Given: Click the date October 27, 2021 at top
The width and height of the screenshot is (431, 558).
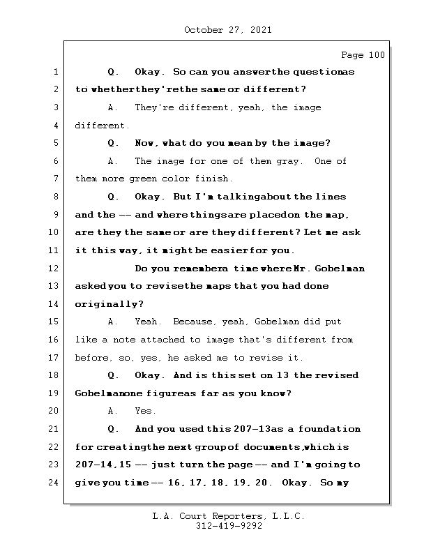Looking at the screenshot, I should [227, 30].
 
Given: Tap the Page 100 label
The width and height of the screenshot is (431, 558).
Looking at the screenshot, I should [362, 55].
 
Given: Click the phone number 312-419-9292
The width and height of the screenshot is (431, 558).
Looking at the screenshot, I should [228, 527].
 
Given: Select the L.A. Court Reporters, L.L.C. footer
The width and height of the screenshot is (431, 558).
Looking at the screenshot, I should [228, 516].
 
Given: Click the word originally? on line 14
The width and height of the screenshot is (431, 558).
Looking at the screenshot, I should [109, 304].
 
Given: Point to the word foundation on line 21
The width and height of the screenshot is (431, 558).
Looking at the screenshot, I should [331, 429].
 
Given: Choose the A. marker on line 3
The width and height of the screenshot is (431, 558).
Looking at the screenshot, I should [113, 107].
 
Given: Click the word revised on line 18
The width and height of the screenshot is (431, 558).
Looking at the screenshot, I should [338, 376].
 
